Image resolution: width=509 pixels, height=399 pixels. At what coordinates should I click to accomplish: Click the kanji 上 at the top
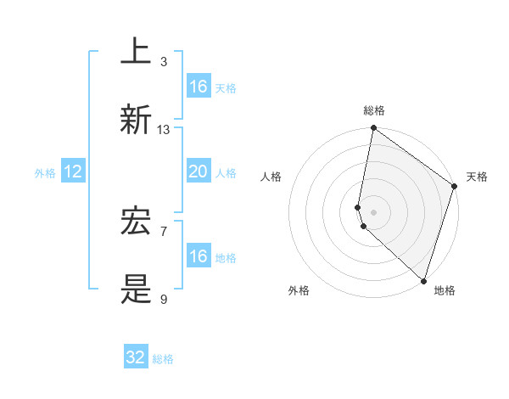136,51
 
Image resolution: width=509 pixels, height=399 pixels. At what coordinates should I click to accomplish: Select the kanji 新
136,120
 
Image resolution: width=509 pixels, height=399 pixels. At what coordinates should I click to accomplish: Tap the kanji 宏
136,222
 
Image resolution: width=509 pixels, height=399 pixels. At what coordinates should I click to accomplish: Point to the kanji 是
136,289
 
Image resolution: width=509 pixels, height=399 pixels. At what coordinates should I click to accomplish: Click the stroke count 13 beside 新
164,130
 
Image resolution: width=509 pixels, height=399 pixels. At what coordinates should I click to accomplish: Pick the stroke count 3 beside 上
164,61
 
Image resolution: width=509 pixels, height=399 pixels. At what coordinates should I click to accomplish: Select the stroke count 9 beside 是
164,299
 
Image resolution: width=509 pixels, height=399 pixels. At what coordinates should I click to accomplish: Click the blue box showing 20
198,171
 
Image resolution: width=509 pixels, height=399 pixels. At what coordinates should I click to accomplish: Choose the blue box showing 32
136,357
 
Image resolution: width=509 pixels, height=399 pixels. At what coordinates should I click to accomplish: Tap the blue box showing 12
73,172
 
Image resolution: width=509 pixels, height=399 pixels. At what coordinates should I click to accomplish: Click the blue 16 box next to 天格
198,87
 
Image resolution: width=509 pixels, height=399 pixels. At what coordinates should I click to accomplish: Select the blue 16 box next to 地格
198,256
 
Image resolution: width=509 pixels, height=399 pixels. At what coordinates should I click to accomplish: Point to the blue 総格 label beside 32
163,359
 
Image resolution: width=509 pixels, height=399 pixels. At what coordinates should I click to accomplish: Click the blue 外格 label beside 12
45,173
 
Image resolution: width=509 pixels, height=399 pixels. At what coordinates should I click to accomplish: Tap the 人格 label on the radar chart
271,177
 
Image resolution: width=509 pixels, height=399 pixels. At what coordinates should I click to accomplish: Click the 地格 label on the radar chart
445,290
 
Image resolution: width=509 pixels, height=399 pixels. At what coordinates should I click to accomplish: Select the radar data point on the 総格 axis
373,129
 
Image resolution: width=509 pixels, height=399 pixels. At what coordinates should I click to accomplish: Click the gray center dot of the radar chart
373,211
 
